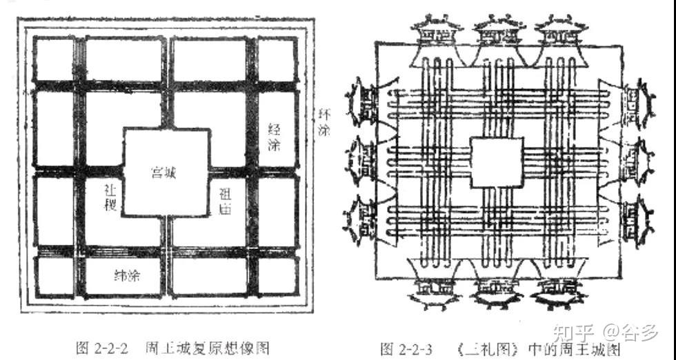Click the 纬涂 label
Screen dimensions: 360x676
click(x=128, y=276)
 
